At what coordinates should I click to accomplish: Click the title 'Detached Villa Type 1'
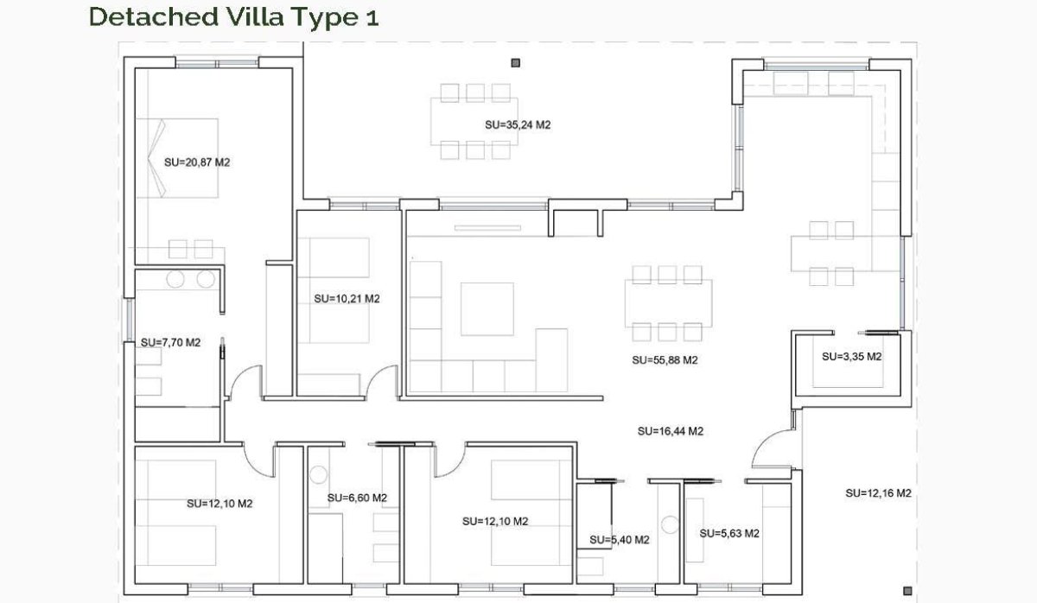233,16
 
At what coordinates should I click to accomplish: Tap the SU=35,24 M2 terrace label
518,124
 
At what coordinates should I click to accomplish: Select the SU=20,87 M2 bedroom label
197,162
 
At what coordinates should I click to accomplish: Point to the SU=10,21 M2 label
347,299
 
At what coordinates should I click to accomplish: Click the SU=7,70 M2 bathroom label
170,342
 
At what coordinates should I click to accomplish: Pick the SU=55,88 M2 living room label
665,360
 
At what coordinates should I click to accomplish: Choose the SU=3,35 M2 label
851,356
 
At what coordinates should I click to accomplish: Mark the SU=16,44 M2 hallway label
670,430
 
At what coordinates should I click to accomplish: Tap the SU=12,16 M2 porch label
878,493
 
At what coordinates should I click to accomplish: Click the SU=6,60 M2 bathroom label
357,498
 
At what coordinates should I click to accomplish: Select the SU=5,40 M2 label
620,540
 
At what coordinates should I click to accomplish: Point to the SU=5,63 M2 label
729,533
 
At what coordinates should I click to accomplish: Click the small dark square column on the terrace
516,62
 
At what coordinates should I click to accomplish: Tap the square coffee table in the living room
487,308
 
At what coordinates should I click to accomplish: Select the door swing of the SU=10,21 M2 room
382,380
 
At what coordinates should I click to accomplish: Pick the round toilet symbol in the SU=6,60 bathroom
318,474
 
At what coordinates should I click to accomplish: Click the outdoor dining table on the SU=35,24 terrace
474,121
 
